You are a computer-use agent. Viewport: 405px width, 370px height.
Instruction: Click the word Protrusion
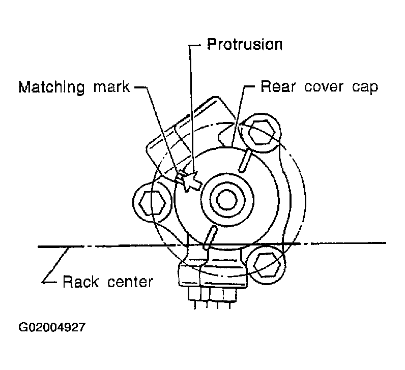pyautogui.click(x=245, y=44)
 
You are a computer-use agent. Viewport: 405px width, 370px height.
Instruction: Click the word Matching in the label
pyautogui.click(x=51, y=87)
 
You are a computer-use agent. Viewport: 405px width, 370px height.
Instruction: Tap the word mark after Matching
pyautogui.click(x=111, y=87)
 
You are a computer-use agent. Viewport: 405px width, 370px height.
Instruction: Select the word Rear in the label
pyautogui.click(x=278, y=86)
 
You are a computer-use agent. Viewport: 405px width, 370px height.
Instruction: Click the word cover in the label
pyautogui.click(x=324, y=87)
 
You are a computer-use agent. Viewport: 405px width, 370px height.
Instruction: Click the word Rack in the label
pyautogui.click(x=80, y=282)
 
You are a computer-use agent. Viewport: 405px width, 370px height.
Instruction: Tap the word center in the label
pyautogui.click(x=130, y=282)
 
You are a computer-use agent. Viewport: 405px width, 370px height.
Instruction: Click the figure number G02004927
pyautogui.click(x=52, y=327)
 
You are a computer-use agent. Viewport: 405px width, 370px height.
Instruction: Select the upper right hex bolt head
pyautogui.click(x=261, y=132)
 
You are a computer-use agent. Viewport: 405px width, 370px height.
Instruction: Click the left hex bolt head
pyautogui.click(x=152, y=204)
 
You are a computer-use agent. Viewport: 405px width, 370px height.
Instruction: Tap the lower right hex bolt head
pyautogui.click(x=267, y=265)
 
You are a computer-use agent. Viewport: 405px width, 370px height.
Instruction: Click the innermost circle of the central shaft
pyautogui.click(x=227, y=200)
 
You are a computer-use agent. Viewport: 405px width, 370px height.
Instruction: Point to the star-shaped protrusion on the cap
pyautogui.click(x=190, y=181)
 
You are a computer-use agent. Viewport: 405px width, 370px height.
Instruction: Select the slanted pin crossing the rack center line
pyautogui.click(x=210, y=237)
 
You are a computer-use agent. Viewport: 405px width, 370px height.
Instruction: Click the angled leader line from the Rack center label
pyautogui.click(x=55, y=265)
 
